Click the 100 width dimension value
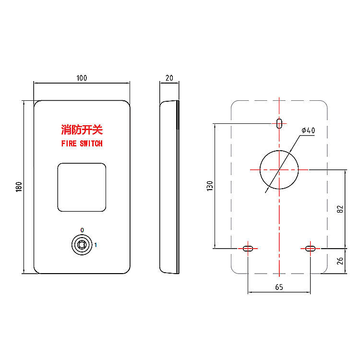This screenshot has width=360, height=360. coord(82,78)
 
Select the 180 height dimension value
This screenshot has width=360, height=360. coord(19,187)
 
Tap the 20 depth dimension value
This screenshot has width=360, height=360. coord(169,78)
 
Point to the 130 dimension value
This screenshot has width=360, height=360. coord(209,186)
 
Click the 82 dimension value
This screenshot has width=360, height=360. coord(340,209)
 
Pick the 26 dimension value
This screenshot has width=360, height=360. coord(340,261)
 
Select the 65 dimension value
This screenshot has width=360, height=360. coord(279,287)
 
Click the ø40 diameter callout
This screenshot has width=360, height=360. coord(308,131)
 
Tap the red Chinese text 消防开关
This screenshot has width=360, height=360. coord(82,130)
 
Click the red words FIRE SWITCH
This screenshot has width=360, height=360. coord(82,143)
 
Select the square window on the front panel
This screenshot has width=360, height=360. coord(82,187)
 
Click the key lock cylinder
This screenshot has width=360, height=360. coord(82,245)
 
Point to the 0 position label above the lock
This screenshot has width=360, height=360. coord(82,230)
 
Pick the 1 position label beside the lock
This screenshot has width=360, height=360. coord(96,245)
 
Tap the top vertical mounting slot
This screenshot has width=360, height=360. coord(279,123)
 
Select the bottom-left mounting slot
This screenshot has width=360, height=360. coord(248,248)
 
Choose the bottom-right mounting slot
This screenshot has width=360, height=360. coord(310,248)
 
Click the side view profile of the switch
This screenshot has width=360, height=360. coord(169,187)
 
